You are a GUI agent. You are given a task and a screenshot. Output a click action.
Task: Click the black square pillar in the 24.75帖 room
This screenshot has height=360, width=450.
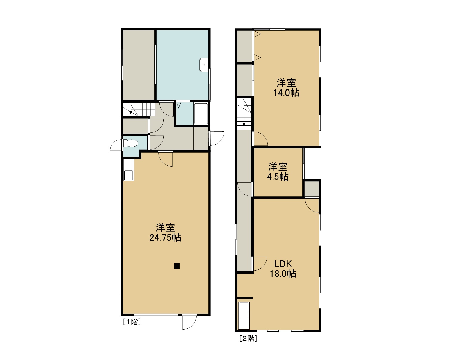pos(177,266)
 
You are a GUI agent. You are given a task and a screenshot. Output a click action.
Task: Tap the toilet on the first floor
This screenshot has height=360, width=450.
pos(131,143)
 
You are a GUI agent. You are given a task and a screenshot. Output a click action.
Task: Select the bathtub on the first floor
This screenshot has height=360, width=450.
pos(201,114)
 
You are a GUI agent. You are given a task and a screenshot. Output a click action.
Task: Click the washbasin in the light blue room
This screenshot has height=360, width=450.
pos(203,65)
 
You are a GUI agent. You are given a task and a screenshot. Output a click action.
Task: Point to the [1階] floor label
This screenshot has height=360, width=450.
pos(132,322)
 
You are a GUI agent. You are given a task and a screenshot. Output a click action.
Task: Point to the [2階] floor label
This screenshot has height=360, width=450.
pos(248,338)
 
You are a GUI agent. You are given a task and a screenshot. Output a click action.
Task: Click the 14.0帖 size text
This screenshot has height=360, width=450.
pos(286,93)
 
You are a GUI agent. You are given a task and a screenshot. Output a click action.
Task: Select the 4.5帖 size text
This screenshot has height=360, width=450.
pos(278,177)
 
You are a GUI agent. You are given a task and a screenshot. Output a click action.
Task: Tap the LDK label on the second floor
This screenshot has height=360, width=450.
pos(283,264)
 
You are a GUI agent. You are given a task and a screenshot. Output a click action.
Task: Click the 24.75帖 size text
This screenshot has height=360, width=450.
pos(165,238)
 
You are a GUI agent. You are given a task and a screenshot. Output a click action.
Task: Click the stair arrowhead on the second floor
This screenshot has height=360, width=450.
pos(244,125)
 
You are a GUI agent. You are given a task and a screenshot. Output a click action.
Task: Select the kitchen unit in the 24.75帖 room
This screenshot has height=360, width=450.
pos(129,170)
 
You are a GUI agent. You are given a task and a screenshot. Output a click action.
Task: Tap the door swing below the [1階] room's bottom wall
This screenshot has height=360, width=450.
pos(189,322)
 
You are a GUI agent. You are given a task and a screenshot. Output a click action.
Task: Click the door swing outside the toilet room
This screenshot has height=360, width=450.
pos(116,145)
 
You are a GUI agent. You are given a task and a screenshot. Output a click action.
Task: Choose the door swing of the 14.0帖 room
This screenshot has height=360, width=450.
pos(261,139)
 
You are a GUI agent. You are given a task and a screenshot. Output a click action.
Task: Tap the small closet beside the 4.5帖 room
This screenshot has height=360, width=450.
pos(312,189)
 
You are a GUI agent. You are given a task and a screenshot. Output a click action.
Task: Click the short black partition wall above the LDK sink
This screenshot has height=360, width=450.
pos(245,298)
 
